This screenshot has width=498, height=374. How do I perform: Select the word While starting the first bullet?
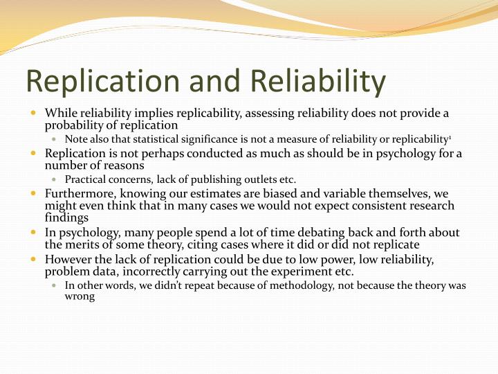click(59, 113)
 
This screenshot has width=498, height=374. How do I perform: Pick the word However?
click(66, 259)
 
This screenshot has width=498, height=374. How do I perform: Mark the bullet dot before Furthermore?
click(34, 193)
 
